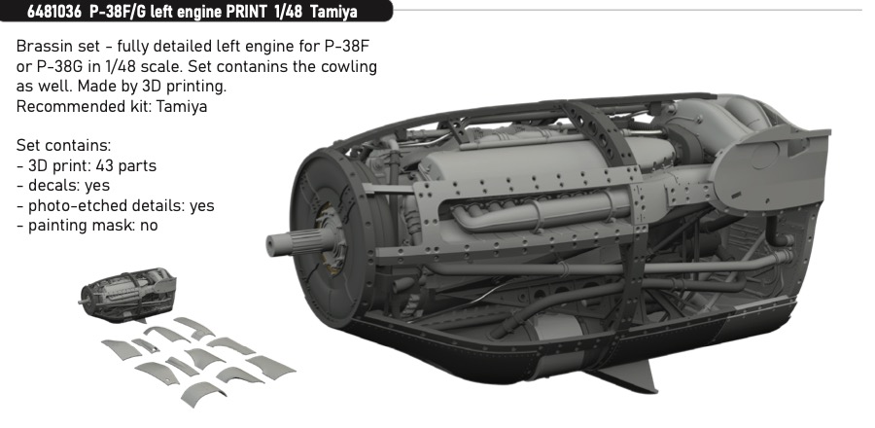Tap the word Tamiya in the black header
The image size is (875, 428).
pos(334,12)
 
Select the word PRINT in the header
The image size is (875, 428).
pos(246,12)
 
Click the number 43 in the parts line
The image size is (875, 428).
pos(104,165)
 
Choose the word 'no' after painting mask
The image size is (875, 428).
pos(149,226)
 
